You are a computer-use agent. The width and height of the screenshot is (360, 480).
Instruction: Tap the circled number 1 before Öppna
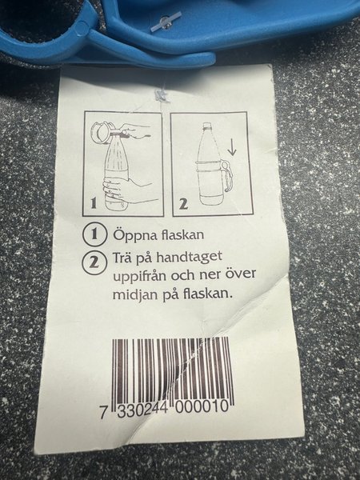pyautogui.click(x=94, y=234)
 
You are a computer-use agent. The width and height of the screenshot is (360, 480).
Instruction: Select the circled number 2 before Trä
pyautogui.click(x=94, y=262)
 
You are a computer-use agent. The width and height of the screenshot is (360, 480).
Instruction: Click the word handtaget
pyautogui.click(x=189, y=257)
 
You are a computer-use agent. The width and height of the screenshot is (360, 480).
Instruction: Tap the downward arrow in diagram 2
pyautogui.click(x=233, y=146)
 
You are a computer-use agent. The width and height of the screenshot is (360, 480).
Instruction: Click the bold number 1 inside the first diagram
pyautogui.click(x=94, y=204)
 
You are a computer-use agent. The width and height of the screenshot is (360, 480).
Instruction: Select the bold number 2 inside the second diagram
pyautogui.click(x=183, y=204)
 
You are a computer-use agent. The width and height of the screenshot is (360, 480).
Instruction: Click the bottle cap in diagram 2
pyautogui.click(x=208, y=126)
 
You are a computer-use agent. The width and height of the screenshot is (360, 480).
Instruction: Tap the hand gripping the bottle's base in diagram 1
pyautogui.click(x=122, y=190)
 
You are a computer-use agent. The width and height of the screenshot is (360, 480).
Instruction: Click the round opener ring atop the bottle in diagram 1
pyautogui.click(x=101, y=133)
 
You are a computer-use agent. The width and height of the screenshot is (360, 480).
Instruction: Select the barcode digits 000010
pyautogui.click(x=202, y=407)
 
